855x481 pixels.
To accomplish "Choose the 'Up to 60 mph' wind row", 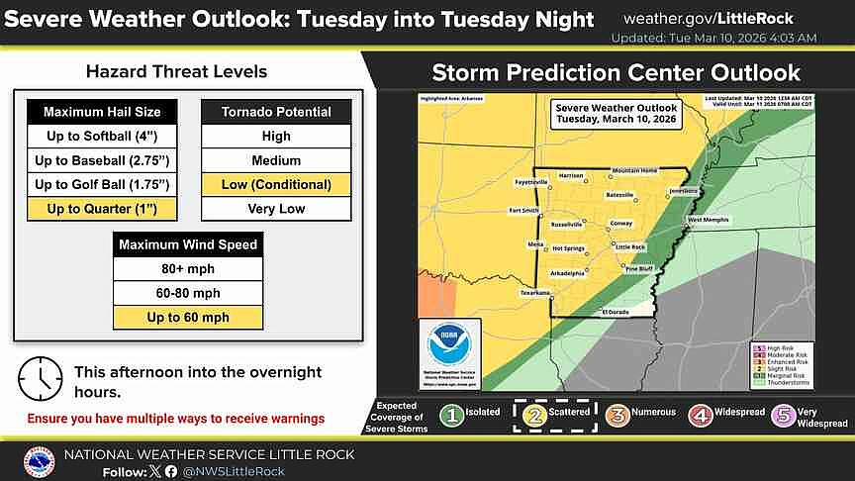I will point(188,317).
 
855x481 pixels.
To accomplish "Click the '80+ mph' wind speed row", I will point(188,268).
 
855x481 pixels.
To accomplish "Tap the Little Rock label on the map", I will point(630,246).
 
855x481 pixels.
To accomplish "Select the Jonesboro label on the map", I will point(683,189).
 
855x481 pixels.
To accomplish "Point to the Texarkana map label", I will point(535,293).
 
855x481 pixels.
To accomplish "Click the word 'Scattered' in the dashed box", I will point(570,412).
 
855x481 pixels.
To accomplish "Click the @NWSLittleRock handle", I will point(233,472).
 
